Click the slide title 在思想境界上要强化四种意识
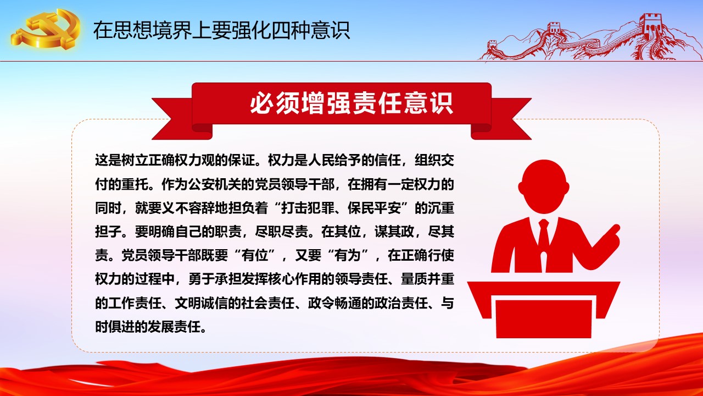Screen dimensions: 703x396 coord(221,30)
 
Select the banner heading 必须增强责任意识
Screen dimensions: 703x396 coord(351,103)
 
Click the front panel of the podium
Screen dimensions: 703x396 coord(544,318)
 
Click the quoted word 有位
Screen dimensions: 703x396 coord(255,255)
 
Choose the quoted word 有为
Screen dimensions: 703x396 coord(348,255)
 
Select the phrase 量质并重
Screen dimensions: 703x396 coord(427,279)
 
